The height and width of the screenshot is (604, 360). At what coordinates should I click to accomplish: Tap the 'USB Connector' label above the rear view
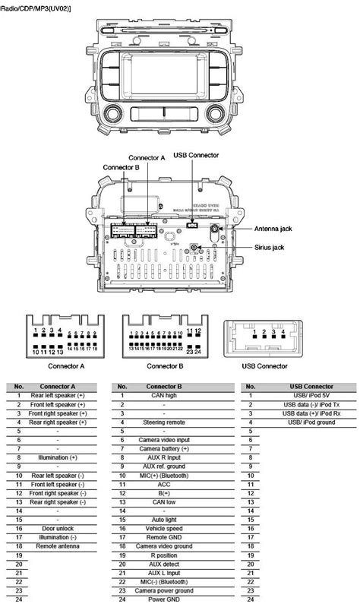[x=196, y=155]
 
